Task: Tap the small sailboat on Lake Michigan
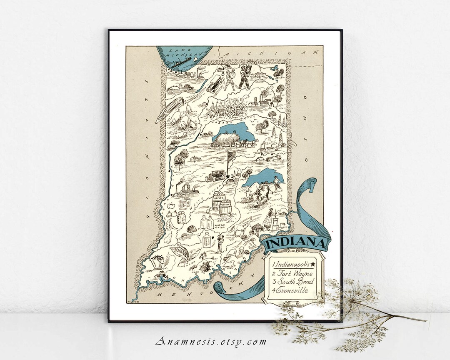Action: click(194, 60)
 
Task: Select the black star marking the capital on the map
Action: click(228, 176)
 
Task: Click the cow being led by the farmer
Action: click(260, 194)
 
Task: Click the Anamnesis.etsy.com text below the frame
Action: click(211, 342)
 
